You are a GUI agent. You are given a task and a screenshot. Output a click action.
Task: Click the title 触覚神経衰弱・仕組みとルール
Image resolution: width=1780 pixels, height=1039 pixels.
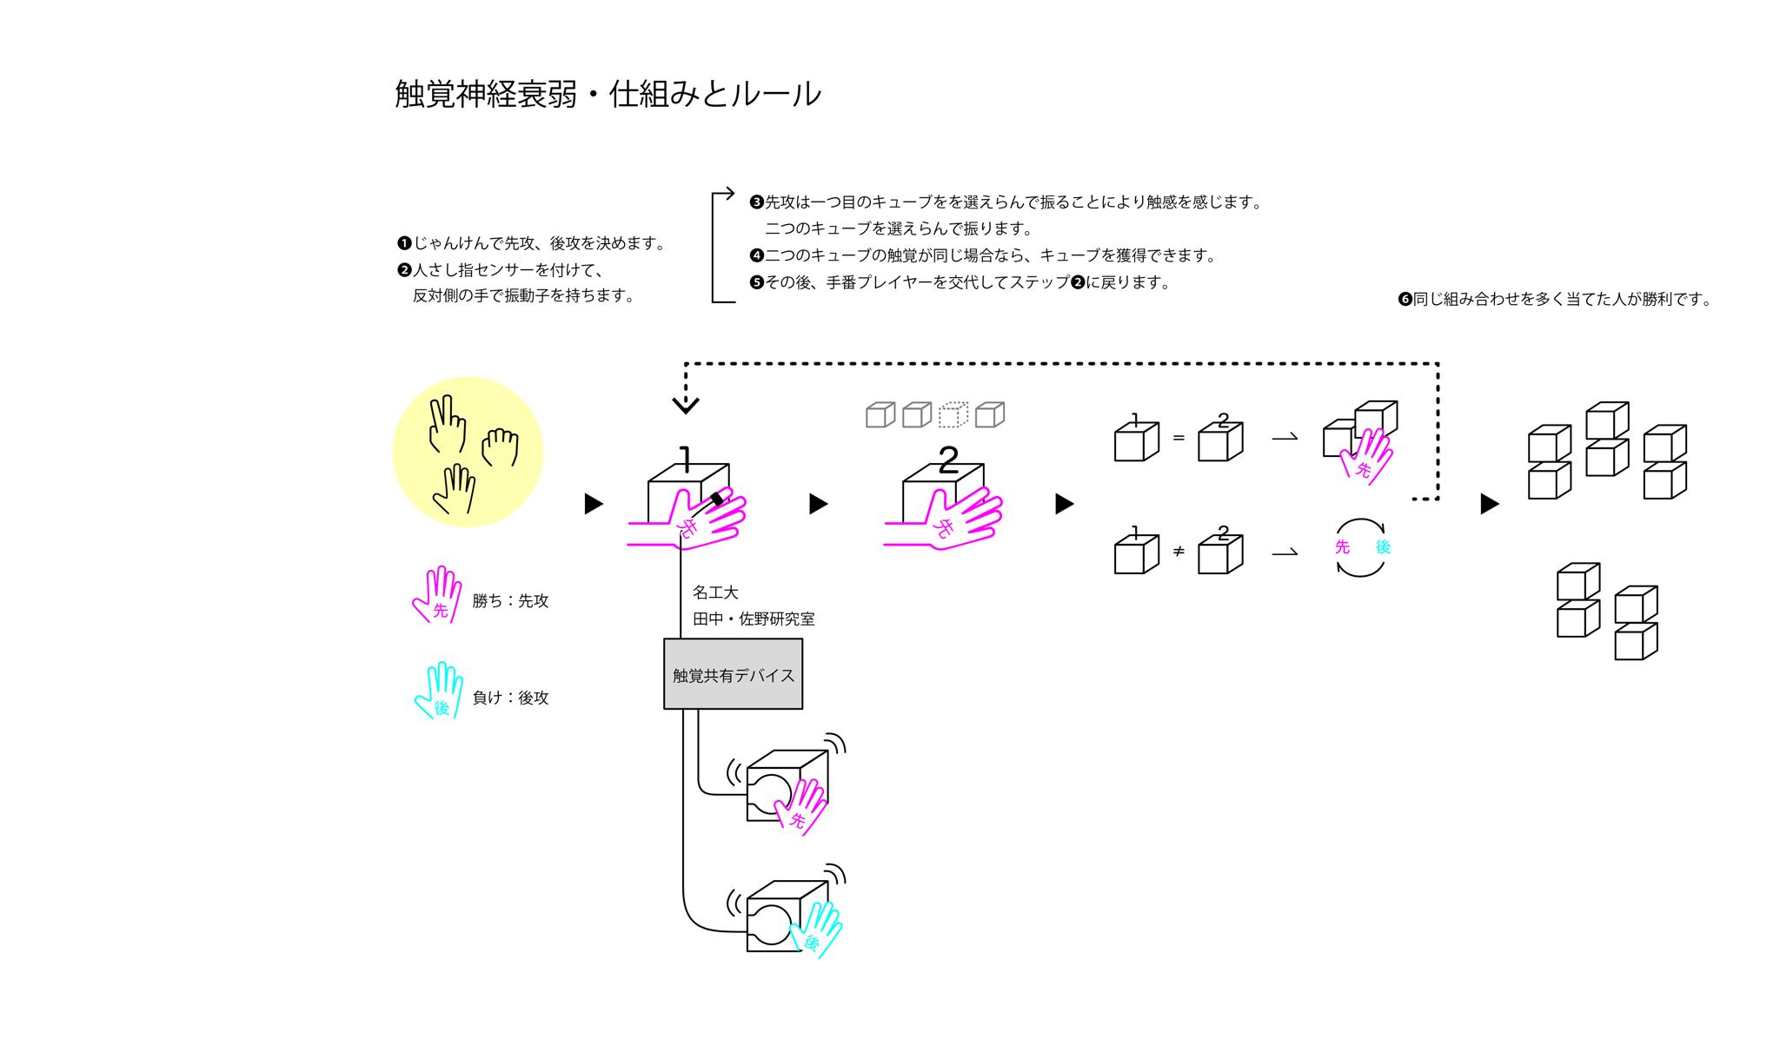[608, 94]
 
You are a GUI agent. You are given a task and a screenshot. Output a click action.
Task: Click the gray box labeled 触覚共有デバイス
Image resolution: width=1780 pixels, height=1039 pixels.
[733, 674]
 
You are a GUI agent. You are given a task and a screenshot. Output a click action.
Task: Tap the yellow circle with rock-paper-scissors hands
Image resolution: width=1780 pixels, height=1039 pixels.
[468, 452]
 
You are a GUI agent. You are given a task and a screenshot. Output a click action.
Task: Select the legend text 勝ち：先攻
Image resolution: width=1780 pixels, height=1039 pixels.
[510, 600]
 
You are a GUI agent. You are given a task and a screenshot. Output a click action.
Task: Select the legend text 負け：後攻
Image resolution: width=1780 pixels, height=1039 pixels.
[510, 698]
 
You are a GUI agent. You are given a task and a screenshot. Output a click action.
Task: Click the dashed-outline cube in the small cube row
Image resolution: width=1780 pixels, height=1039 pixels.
[953, 414]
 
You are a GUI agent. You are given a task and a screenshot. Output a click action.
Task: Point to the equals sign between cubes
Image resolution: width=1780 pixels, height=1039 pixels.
[1179, 438]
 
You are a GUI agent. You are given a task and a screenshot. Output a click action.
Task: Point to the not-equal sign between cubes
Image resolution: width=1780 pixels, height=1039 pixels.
[1179, 552]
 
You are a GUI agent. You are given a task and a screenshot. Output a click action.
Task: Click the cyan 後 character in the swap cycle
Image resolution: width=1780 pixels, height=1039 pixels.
[1383, 547]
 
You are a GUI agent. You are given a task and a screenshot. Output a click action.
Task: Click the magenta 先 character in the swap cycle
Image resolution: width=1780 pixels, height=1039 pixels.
[1342, 547]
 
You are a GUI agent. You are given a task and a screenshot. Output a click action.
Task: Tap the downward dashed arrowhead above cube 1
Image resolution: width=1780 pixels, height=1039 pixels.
[686, 404]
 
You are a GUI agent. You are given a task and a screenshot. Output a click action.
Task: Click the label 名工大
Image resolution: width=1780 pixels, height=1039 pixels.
[715, 592]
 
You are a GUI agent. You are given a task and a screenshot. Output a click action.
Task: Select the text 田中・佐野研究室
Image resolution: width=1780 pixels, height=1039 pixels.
[754, 619]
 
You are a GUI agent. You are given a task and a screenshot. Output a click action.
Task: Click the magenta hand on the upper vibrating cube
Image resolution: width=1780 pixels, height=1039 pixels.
[802, 807]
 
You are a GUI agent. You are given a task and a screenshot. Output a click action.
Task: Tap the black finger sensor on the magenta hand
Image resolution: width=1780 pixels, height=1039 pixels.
[717, 499]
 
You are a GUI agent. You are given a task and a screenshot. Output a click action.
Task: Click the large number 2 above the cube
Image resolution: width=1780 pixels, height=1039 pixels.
[948, 459]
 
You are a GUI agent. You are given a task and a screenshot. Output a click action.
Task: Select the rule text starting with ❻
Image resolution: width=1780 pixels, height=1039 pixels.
[1555, 300]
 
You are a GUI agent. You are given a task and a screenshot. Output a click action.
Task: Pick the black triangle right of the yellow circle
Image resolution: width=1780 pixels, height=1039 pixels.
[594, 504]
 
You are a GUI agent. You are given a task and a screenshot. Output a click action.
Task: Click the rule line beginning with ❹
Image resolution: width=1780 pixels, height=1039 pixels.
[982, 255]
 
